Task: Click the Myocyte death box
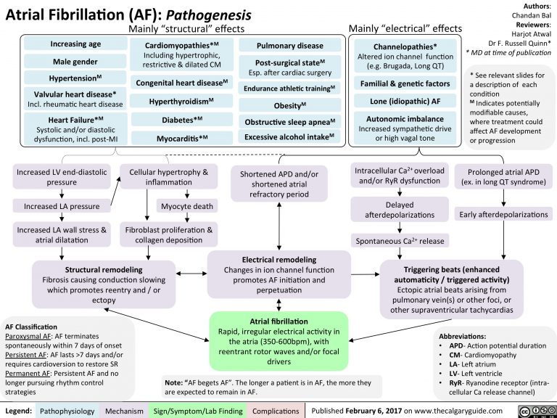click(x=186, y=206)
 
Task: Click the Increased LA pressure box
click(x=61, y=206)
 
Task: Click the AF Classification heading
click(x=30, y=327)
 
